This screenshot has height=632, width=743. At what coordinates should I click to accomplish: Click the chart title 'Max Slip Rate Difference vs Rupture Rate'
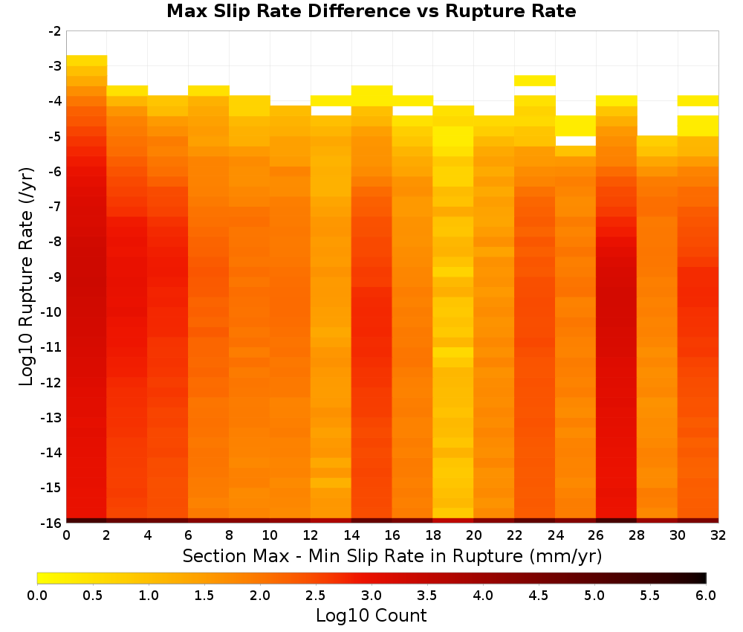click(x=371, y=11)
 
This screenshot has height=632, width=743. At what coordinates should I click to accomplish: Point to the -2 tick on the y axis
click(x=55, y=31)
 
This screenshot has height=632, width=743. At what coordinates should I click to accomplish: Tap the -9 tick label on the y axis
click(x=55, y=277)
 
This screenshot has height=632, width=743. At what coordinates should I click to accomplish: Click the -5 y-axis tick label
click(x=55, y=137)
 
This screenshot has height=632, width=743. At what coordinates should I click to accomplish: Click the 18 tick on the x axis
click(x=433, y=535)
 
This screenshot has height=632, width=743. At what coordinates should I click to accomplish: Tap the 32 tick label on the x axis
click(x=718, y=535)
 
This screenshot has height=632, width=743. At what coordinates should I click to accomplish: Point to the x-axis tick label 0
click(x=66, y=535)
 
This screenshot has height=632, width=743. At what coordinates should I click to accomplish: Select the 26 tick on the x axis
click(x=596, y=535)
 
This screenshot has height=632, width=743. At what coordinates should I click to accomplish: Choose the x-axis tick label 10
click(x=270, y=535)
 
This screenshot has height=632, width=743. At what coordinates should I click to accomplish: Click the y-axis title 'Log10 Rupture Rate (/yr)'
click(x=27, y=277)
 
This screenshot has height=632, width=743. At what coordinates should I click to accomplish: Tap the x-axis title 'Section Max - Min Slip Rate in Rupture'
click(x=354, y=555)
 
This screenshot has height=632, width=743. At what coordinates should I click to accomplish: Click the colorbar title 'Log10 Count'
click(x=371, y=616)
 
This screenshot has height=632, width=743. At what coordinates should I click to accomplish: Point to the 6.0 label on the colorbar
click(x=706, y=596)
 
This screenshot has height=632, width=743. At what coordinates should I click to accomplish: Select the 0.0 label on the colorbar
click(x=37, y=596)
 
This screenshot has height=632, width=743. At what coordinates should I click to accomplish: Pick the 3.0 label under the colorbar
click(x=371, y=596)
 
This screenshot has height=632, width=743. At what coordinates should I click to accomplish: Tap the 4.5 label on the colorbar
click(x=538, y=596)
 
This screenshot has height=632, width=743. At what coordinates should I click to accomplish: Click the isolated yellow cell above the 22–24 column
click(x=534, y=80)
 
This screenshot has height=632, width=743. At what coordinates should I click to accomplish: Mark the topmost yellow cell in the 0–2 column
click(x=87, y=61)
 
